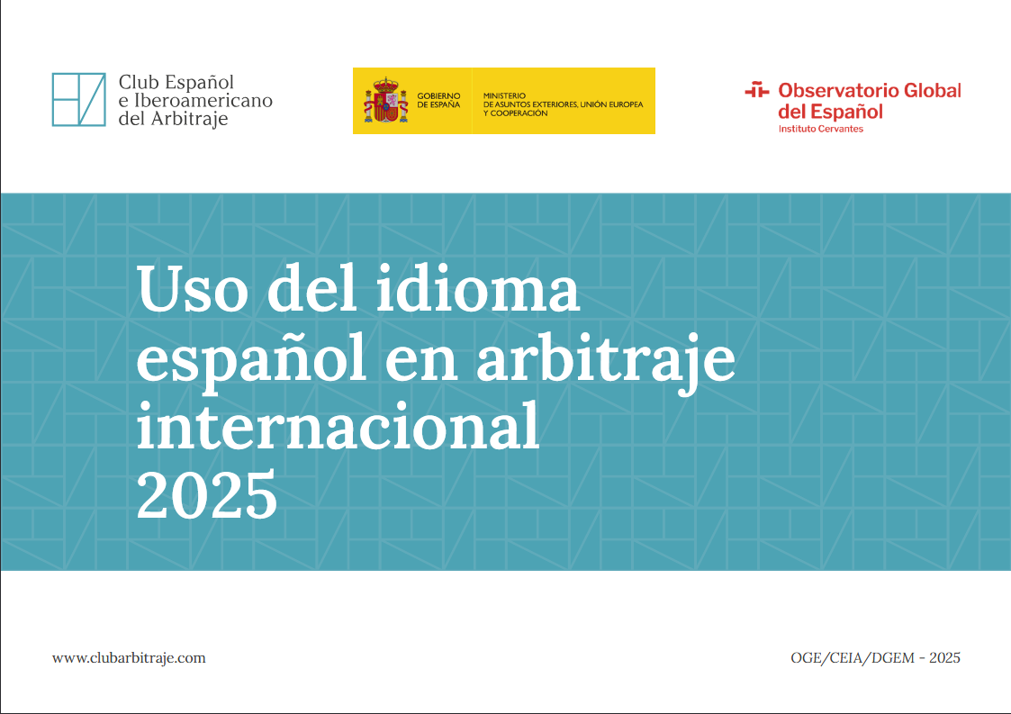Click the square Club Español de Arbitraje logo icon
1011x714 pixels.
[79, 100]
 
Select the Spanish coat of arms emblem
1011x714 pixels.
[386, 101]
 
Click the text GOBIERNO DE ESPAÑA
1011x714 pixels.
[438, 100]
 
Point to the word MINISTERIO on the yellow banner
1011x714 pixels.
[504, 95]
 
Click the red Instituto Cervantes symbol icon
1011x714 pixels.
[757, 90]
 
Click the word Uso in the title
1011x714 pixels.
[186, 290]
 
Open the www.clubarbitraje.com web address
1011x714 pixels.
[129, 658]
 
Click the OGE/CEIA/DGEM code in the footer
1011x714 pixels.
[849, 658]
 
